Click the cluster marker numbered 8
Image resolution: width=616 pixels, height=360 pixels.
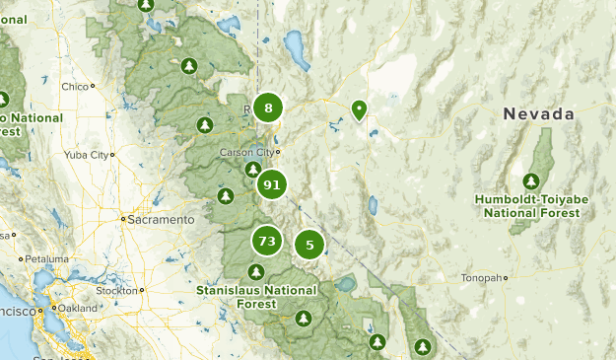[268, 108]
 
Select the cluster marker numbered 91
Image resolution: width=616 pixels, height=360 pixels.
[272, 184]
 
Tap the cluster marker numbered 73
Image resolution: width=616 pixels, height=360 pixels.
[265, 241]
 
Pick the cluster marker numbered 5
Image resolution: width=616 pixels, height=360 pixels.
[309, 245]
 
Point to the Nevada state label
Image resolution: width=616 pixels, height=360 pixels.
[538, 114]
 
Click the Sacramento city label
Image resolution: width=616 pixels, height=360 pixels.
[162, 220]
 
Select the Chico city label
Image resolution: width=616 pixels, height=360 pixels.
[75, 87]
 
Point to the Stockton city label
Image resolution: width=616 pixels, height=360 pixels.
[117, 291]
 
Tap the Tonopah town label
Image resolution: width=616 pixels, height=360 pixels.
[482, 278]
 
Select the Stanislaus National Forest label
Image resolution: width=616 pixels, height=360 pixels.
[256, 297]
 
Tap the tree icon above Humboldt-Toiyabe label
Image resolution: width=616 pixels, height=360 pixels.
[531, 180]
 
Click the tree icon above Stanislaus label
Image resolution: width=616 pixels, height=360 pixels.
[256, 271]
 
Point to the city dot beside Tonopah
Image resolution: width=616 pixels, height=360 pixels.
[507, 278]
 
